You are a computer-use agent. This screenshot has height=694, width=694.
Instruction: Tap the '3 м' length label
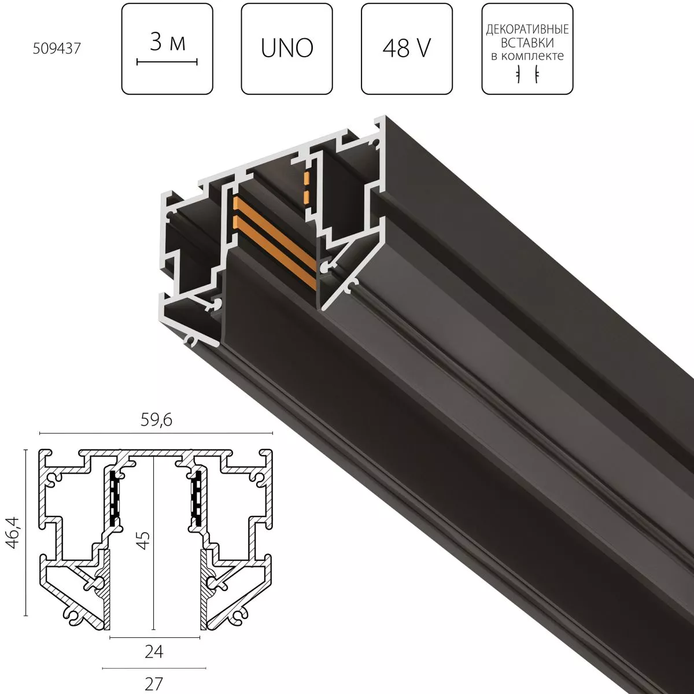tap(167, 42)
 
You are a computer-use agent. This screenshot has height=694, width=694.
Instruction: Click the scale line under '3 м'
tap(167, 61)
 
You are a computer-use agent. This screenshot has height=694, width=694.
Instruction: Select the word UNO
tap(287, 49)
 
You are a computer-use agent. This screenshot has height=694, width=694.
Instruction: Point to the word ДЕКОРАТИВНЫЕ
tap(527, 29)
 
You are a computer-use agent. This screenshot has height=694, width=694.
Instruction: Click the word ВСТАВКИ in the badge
tap(527, 42)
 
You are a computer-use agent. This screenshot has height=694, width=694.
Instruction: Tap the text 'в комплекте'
tap(527, 56)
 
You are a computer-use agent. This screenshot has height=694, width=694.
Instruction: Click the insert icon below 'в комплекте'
tap(527, 75)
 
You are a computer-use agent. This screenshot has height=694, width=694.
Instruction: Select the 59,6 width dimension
tap(155, 420)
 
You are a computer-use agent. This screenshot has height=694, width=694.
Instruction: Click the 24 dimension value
tap(154, 652)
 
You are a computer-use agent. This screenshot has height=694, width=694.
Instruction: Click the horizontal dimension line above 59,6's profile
tap(155, 433)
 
